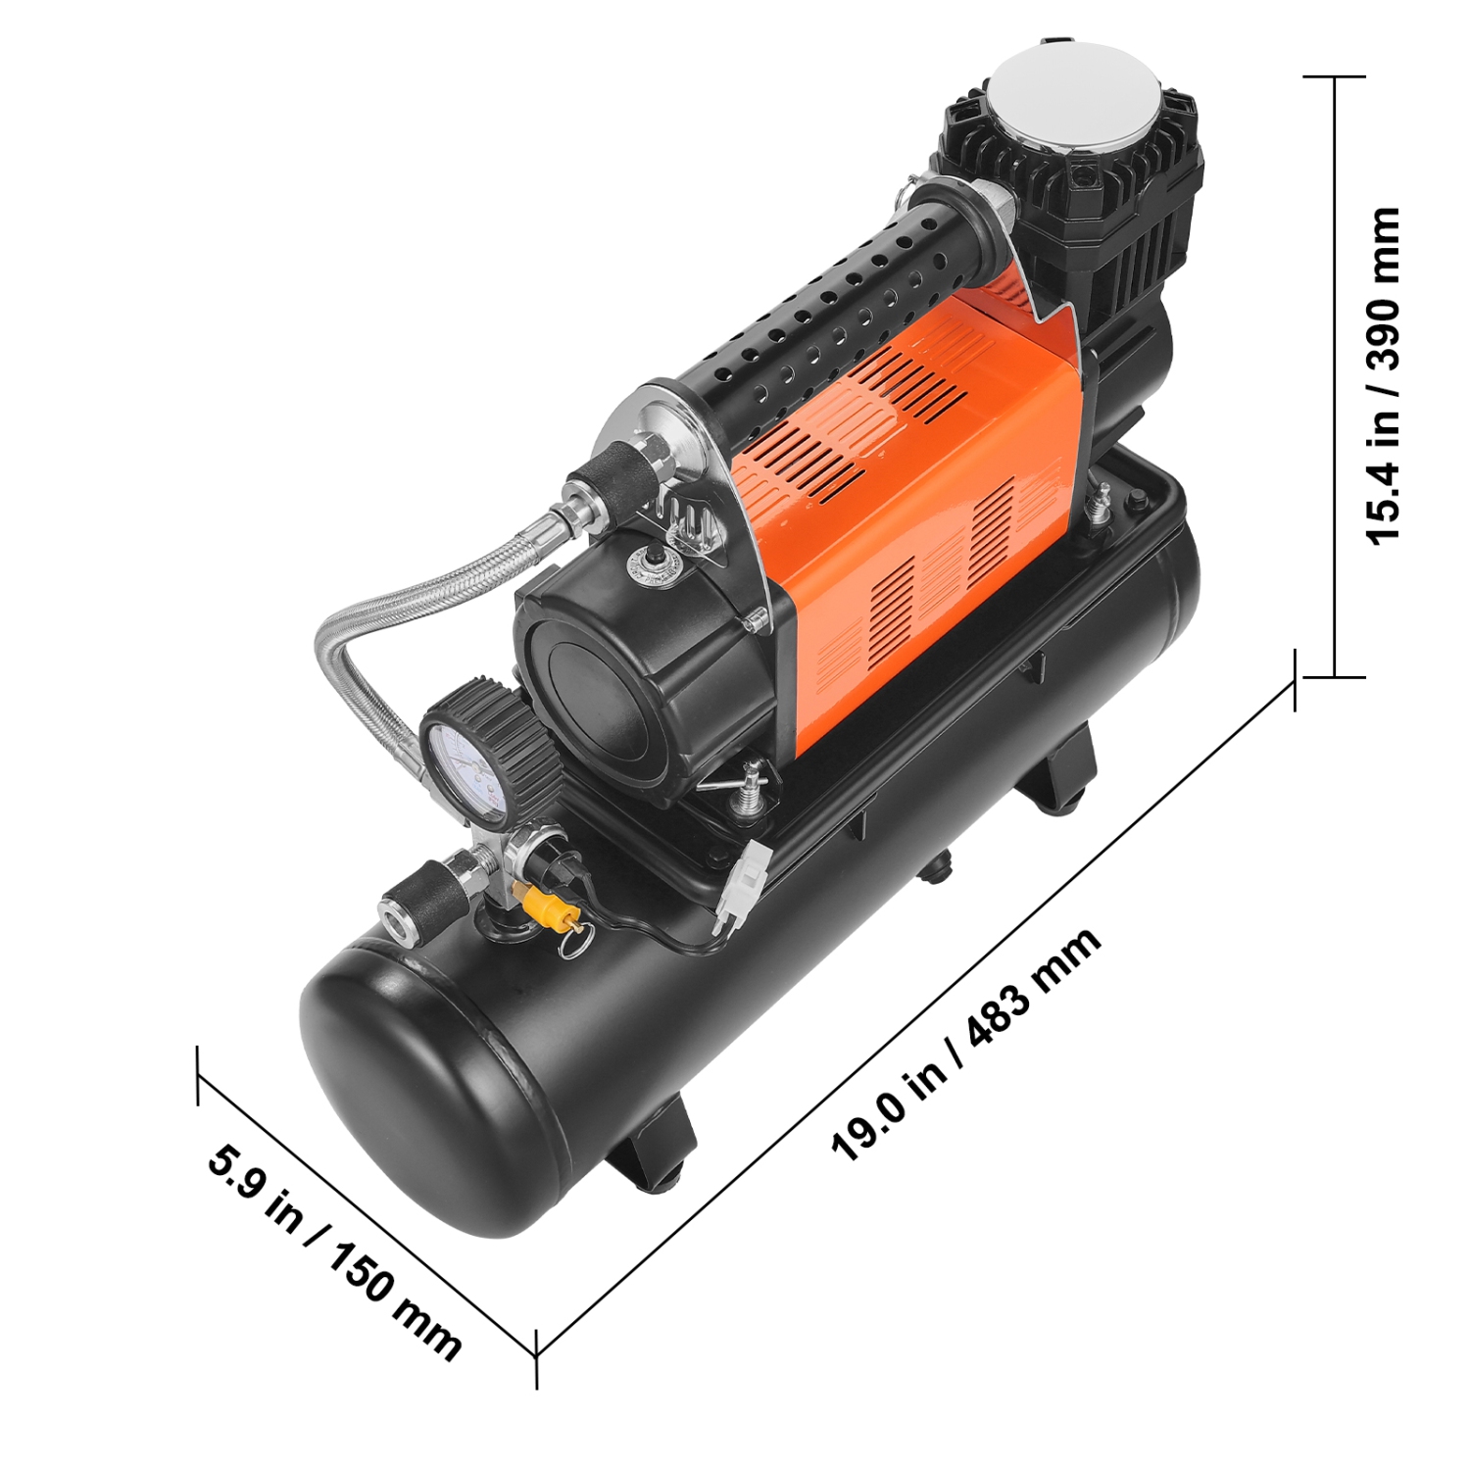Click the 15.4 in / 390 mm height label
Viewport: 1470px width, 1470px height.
pyautogui.click(x=1384, y=375)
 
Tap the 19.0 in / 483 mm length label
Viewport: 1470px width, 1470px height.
pyautogui.click(x=966, y=1046)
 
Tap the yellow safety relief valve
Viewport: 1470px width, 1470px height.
pyautogui.click(x=546, y=904)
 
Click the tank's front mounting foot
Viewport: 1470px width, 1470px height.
pyautogui.click(x=647, y=1147)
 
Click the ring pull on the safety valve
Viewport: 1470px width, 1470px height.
pyautogui.click(x=570, y=943)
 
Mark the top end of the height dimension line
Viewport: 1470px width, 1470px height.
pyautogui.click(x=1335, y=76)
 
